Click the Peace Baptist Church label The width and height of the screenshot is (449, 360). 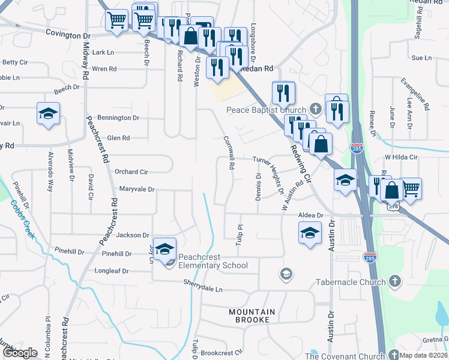pos(266,110)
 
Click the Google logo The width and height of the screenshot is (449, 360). pos(20,353)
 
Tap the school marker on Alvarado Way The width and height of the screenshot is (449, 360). pos(48,114)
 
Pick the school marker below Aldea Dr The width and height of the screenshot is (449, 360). pos(309,233)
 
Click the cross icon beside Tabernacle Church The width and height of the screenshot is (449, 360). pos(395,281)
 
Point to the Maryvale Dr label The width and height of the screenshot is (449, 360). pos(137,190)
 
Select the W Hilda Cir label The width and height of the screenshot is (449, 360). pos(400,157)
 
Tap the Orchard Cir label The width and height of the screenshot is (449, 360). pos(131,171)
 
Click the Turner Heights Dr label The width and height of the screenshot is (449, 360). pos(268,175)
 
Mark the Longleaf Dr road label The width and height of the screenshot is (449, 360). pos(112,271)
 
